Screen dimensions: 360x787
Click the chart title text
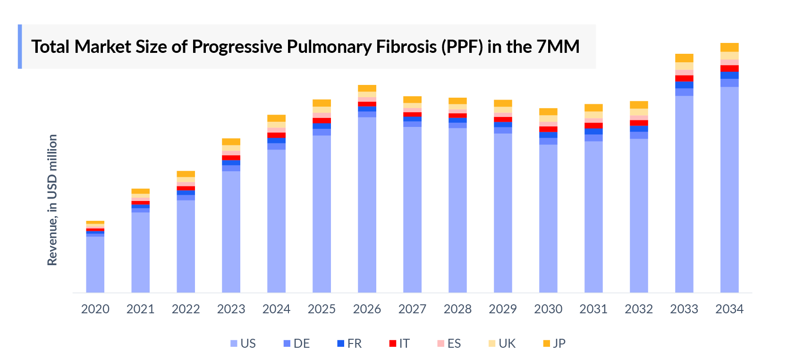tap(305, 47)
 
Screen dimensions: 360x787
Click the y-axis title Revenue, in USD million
tap(52, 200)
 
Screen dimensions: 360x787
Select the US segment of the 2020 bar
tap(95, 264)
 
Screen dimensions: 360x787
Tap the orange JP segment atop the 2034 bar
tap(729, 47)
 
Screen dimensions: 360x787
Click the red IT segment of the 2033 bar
tap(684, 78)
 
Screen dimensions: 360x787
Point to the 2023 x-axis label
tap(231, 309)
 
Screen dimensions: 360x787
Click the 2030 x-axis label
tap(548, 309)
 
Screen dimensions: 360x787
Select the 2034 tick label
tap(729, 309)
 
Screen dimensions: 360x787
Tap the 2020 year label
tap(95, 309)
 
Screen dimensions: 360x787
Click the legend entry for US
tap(243, 343)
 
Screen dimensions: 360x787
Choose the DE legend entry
tap(296, 343)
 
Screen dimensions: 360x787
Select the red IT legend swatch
tap(392, 343)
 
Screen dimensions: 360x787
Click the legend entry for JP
tap(554, 343)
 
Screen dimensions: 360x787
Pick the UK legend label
tap(507, 343)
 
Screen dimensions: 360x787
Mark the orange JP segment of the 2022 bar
tap(186, 174)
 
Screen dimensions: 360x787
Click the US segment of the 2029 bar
tap(503, 212)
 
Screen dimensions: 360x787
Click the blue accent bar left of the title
tap(20, 47)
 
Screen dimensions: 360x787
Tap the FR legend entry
tap(349, 343)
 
